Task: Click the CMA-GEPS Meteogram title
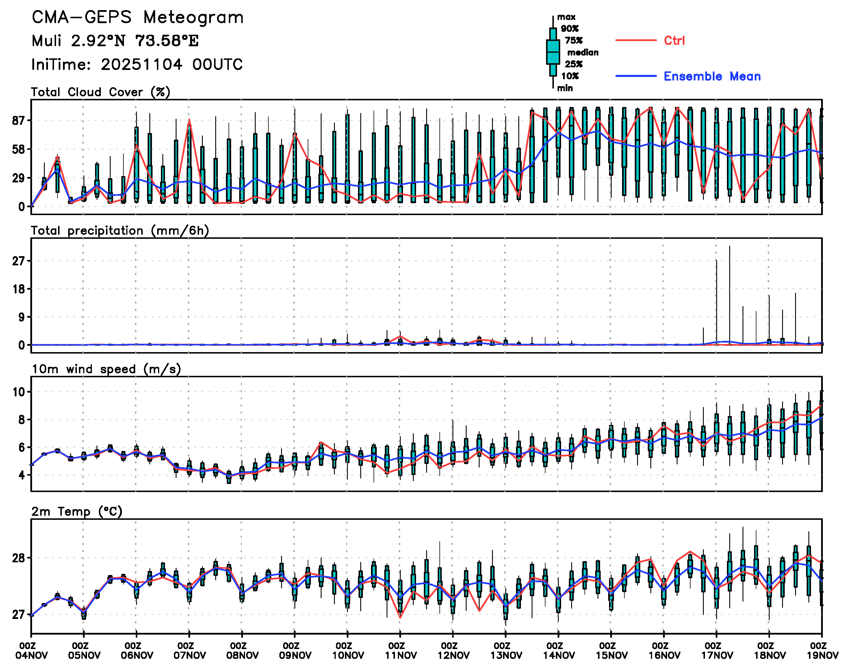[x=138, y=18]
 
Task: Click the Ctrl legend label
[x=674, y=40]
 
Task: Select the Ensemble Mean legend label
[x=712, y=76]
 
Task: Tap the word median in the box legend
[x=583, y=53]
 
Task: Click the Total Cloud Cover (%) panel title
[x=101, y=92]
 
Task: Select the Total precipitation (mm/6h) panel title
[x=120, y=231]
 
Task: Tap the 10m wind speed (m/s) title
[x=106, y=369]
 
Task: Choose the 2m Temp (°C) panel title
[x=77, y=511]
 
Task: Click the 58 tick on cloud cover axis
[x=19, y=150]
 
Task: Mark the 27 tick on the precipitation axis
[x=19, y=261]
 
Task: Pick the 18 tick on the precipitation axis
[x=19, y=289]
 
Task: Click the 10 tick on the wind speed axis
[x=19, y=392]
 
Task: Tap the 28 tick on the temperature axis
[x=19, y=558]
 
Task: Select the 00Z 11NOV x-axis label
[x=400, y=650]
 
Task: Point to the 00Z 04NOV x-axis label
[x=31, y=650]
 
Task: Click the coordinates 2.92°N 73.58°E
[x=135, y=41]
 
